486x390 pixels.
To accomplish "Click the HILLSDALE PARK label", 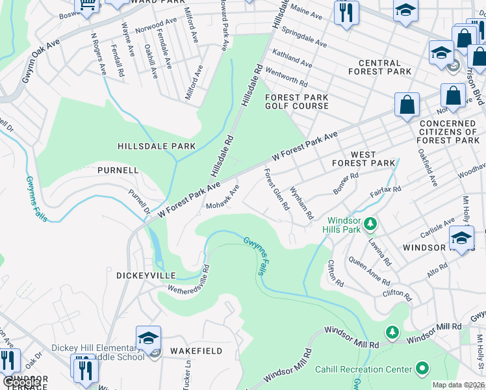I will [156, 146].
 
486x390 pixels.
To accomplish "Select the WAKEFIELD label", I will [196, 351].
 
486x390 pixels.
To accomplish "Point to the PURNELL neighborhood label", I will [118, 170].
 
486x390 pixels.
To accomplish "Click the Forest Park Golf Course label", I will [296, 102].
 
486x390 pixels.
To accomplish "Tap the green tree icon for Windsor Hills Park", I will [370, 224].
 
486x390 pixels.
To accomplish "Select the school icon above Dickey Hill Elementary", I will [148, 338].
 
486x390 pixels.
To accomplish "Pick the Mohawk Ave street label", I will [223, 197].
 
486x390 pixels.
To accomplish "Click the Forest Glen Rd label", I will [276, 189].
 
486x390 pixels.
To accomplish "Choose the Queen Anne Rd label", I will [370, 271].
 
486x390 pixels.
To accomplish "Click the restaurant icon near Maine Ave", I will [346, 12].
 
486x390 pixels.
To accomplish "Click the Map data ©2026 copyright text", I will [458, 385].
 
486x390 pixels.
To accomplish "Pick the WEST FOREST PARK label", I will [363, 158].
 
